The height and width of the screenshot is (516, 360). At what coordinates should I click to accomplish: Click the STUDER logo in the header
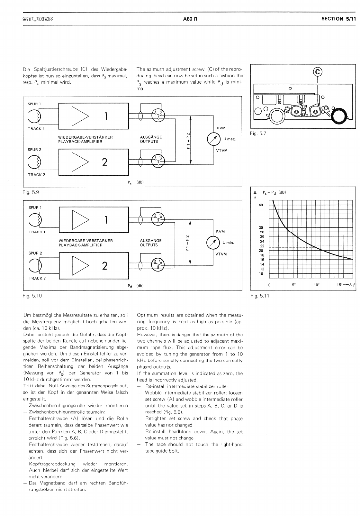(38, 19)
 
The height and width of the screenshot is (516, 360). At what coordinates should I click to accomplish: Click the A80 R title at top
(190, 19)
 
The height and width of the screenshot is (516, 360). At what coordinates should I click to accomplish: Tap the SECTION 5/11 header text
(338, 19)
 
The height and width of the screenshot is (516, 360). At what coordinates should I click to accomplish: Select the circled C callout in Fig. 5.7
(318, 72)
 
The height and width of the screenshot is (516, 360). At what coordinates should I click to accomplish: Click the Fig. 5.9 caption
(31, 192)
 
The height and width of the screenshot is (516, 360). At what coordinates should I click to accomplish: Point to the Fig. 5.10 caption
(32, 295)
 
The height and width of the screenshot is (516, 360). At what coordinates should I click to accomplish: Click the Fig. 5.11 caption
(259, 295)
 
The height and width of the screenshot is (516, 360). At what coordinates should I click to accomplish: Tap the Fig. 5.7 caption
(258, 134)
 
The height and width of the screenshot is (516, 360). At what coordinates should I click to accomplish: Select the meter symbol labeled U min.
(213, 243)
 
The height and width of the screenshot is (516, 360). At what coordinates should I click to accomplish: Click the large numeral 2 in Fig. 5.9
(104, 162)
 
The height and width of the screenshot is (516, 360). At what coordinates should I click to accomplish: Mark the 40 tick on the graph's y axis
(261, 205)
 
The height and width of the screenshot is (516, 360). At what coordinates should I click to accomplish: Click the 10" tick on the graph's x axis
(317, 285)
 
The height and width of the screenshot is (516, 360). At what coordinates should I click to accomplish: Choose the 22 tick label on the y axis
(262, 246)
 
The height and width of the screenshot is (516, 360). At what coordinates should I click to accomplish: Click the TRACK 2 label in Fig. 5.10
(37, 278)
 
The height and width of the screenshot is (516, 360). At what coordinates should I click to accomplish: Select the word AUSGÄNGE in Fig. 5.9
(151, 137)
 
